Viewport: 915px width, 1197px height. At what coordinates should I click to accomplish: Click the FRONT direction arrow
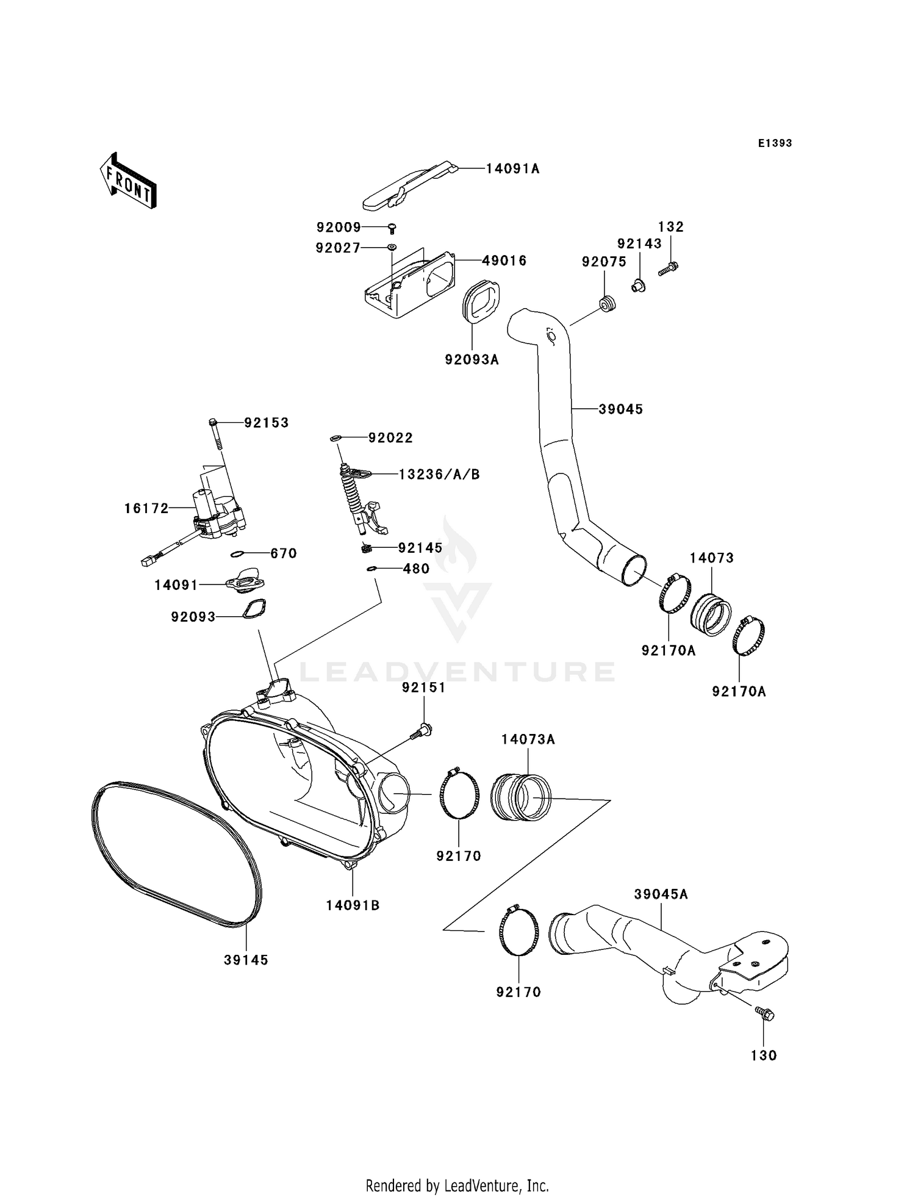128,181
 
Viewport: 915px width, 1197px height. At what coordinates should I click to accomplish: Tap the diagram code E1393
775,143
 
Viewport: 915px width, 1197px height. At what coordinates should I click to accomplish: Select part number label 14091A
513,169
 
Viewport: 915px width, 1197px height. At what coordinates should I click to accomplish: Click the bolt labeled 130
765,1013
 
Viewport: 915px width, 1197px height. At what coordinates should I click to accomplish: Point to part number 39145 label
246,960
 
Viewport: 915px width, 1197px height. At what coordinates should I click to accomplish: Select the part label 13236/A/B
439,474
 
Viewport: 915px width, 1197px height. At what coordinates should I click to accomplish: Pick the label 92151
423,688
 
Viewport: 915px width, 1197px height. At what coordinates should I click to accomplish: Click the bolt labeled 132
669,268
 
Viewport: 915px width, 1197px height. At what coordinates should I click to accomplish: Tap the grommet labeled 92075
607,303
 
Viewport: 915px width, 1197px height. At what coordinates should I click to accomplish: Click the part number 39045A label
661,894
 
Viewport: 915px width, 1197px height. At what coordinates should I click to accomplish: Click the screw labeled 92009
393,228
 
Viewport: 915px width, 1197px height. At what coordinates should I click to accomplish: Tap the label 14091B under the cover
353,905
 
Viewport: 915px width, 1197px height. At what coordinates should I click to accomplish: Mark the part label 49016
504,261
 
